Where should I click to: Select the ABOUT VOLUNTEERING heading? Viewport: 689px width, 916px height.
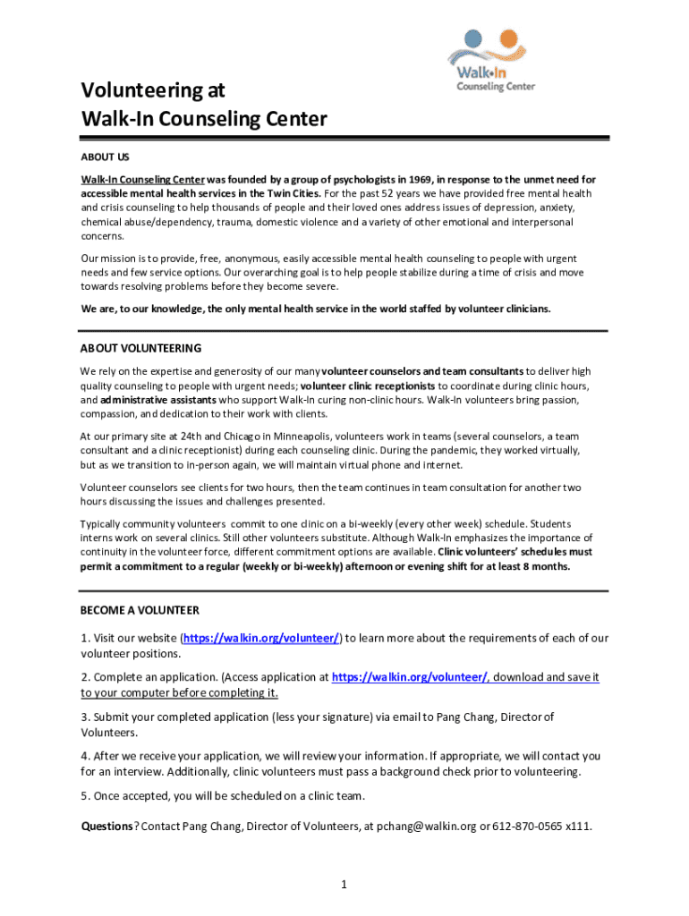coord(140,348)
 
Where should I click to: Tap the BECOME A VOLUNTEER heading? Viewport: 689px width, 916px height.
coord(140,610)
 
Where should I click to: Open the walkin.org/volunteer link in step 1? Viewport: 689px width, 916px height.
coord(262,638)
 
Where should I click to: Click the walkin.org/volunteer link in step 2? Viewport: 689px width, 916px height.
coord(410,677)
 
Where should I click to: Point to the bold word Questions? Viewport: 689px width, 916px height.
coord(106,826)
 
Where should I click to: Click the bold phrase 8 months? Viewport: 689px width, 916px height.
coord(544,566)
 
